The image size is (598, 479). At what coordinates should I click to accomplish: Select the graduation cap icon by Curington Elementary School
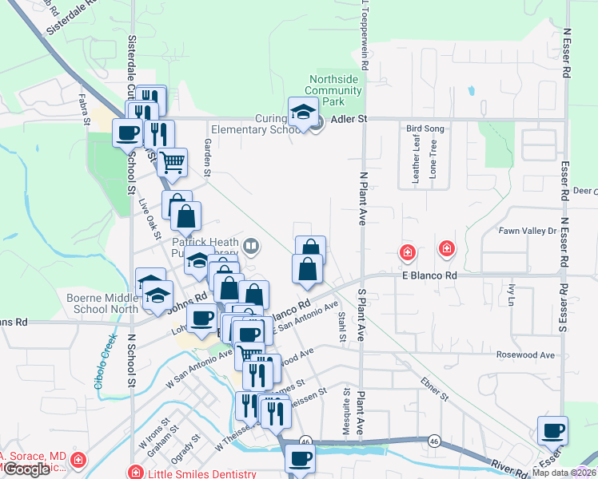[x=303, y=113]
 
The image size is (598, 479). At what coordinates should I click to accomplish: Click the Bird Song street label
[x=425, y=129]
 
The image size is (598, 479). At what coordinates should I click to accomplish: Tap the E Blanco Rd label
[x=429, y=275]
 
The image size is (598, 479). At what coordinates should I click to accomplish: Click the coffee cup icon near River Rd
[x=552, y=431]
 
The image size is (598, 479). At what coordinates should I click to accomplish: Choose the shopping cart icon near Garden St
[x=172, y=163]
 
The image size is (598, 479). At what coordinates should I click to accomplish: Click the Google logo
[x=26, y=470]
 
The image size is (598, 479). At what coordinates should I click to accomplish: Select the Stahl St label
[x=341, y=329]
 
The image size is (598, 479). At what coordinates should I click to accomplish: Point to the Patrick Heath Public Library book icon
[x=251, y=247]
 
